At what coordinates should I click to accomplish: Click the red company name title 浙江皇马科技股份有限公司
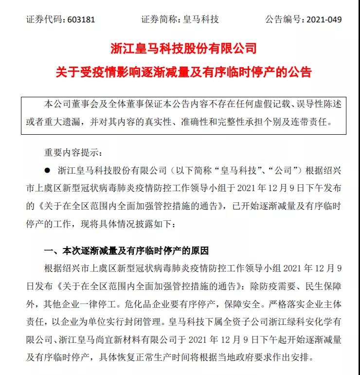(183, 49)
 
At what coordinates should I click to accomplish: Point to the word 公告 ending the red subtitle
(298, 72)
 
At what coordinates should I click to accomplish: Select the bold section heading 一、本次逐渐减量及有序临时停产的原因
(126, 251)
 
